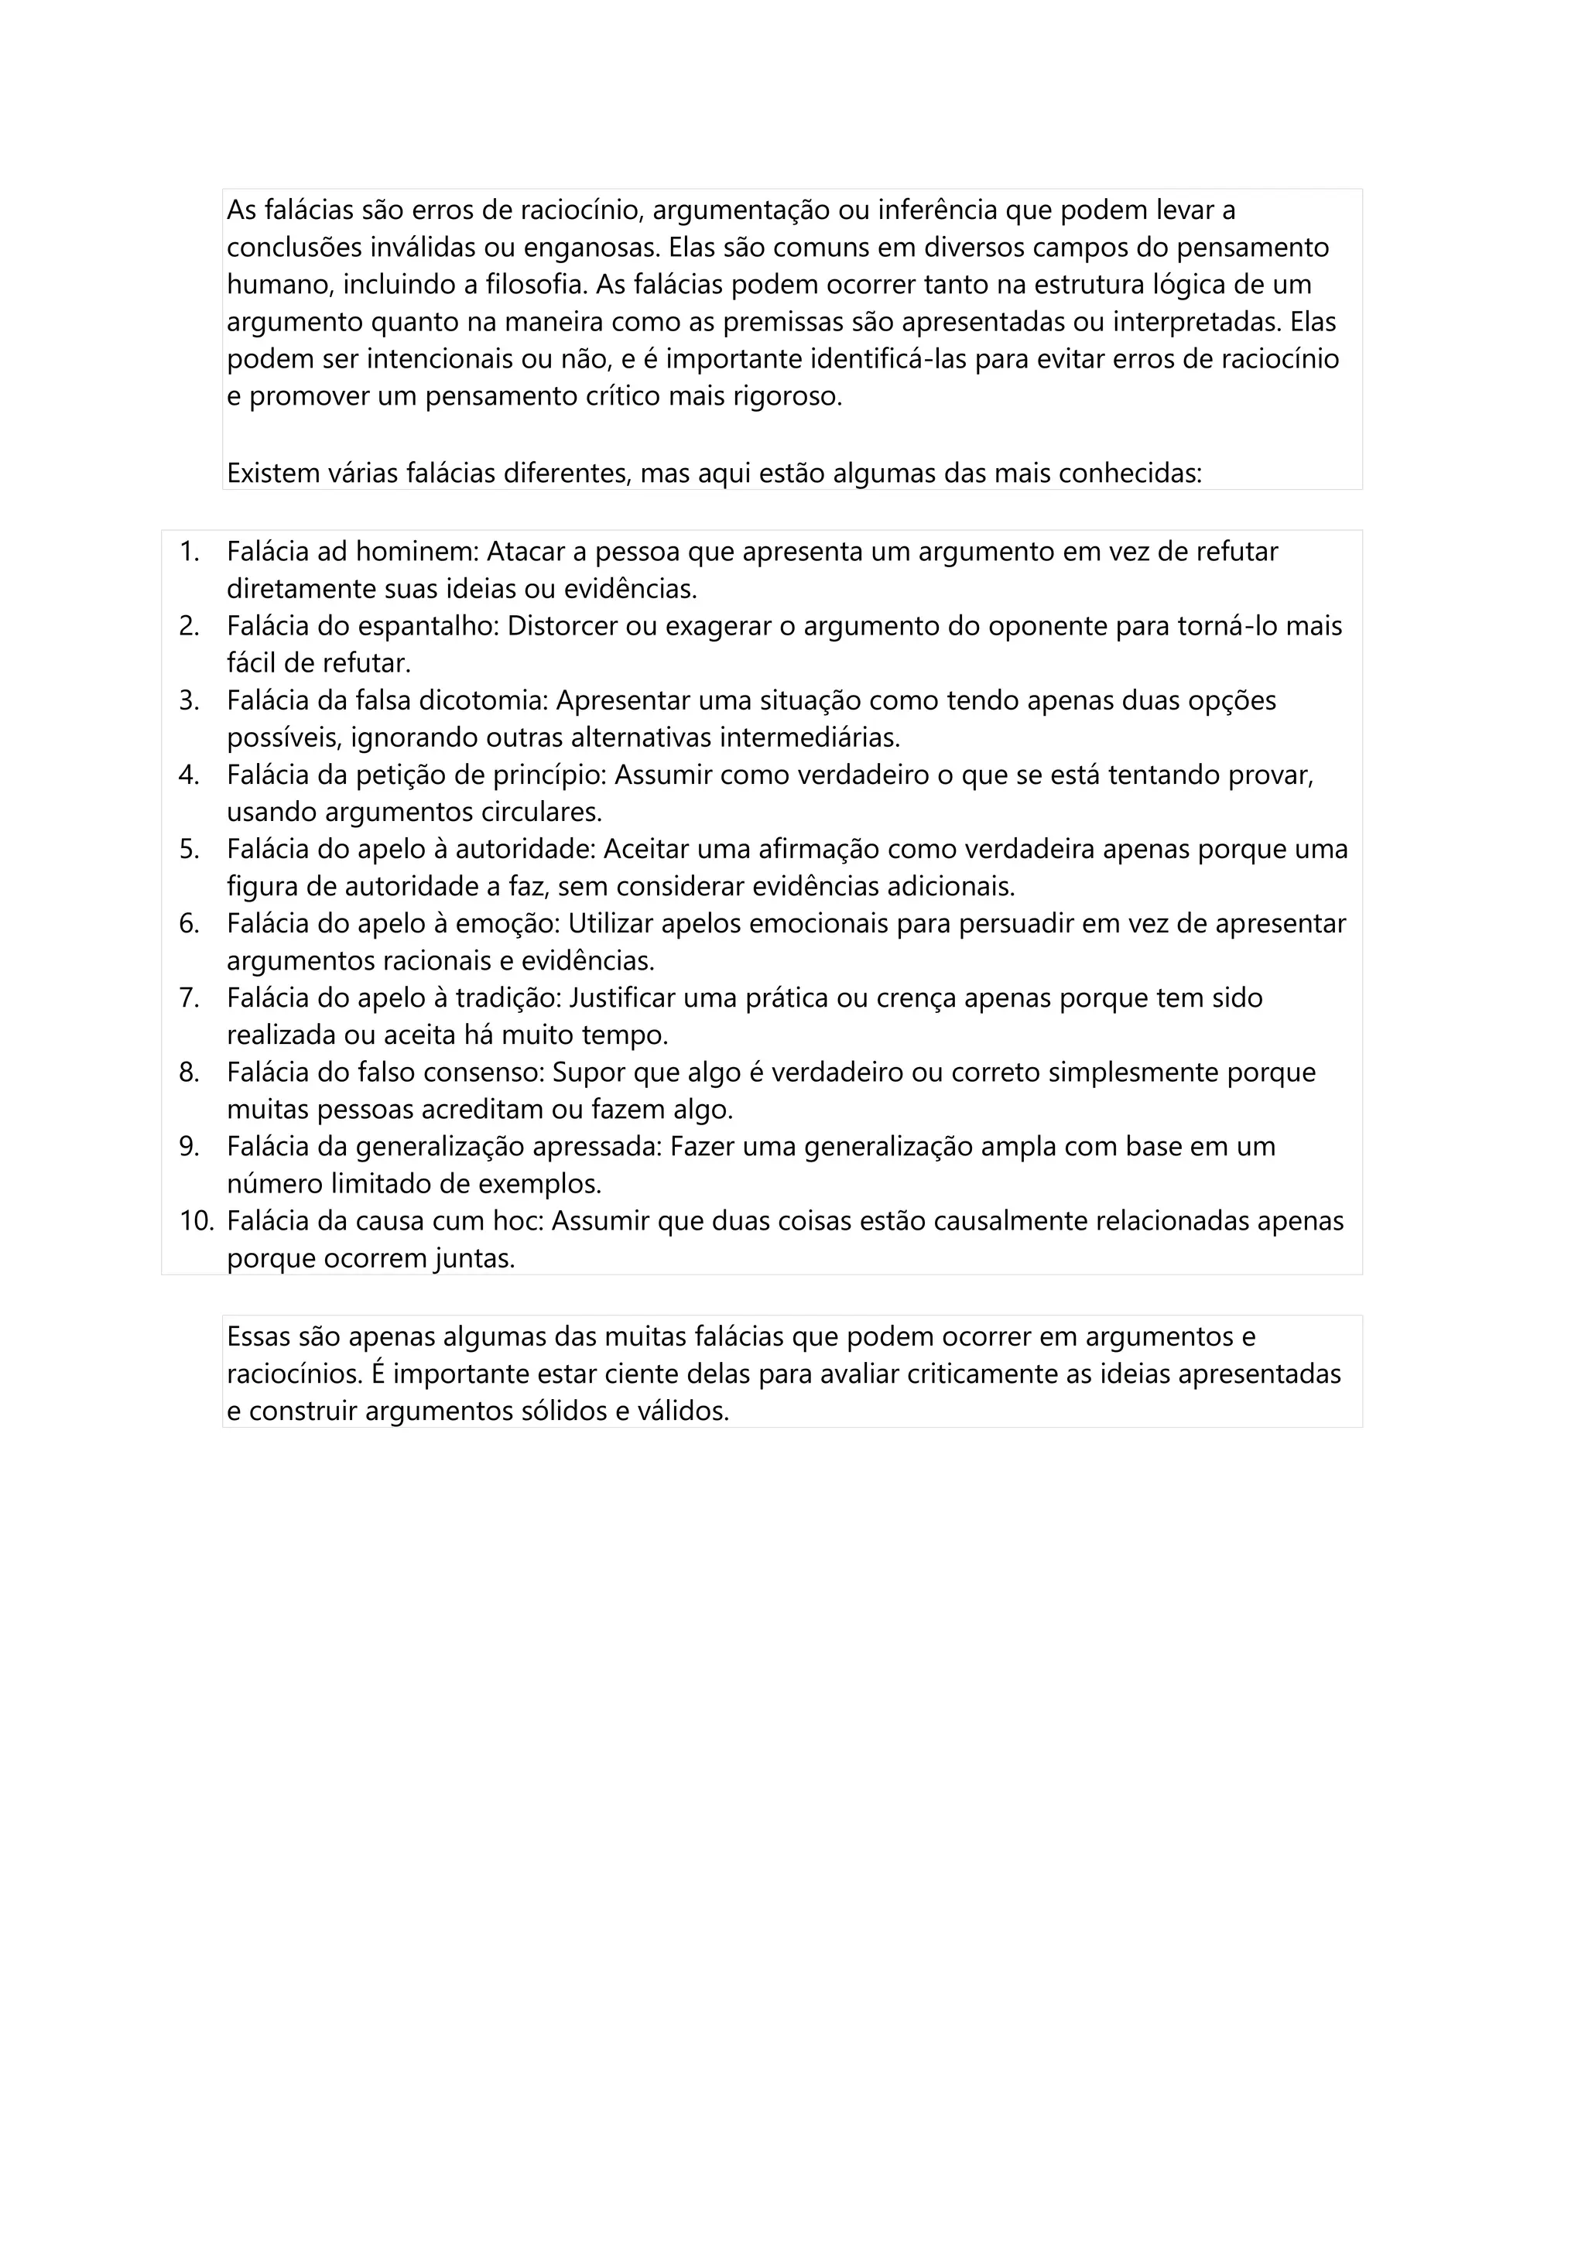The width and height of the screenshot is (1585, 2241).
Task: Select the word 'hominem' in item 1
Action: pyautogui.click(x=415, y=552)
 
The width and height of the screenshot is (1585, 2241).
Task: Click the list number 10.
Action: pyautogui.click(x=195, y=1221)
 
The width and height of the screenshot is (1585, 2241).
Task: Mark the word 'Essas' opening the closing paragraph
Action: pyautogui.click(x=258, y=1336)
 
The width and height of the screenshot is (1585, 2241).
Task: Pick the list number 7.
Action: pyautogui.click(x=188, y=997)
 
